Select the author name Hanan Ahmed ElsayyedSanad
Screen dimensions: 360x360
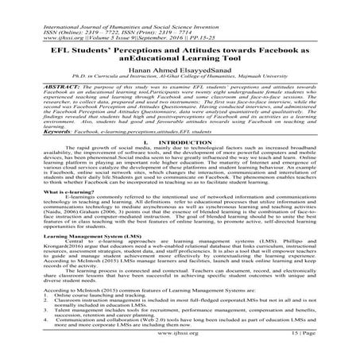click(180, 70)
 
